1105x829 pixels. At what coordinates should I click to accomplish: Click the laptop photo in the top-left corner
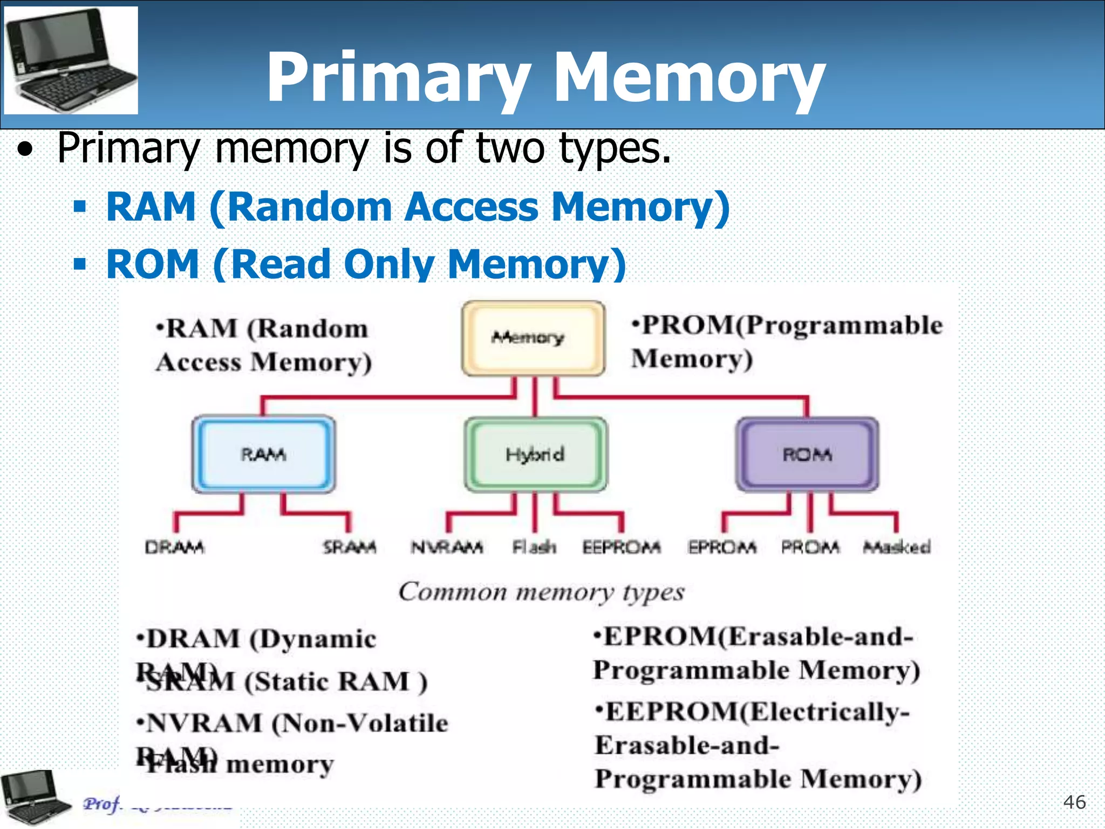[71, 60]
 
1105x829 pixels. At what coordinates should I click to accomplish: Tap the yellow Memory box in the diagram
[533, 338]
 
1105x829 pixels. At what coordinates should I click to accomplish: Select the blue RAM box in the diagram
[263, 454]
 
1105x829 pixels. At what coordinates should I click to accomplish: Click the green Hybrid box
[535, 454]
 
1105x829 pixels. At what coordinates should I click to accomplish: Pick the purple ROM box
[807, 454]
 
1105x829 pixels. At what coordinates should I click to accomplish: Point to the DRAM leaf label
[174, 547]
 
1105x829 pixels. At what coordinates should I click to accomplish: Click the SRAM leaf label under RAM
[350, 547]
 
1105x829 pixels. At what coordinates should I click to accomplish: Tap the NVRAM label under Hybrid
[447, 547]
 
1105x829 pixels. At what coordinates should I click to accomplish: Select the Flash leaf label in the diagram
[534, 547]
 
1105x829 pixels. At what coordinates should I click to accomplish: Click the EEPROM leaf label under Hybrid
[621, 547]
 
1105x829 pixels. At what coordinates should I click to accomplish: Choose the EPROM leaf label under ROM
[722, 547]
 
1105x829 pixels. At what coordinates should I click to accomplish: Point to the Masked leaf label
[897, 547]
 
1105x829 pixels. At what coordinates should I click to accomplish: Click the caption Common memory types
[541, 592]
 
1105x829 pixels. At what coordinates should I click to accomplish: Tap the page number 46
[1074, 802]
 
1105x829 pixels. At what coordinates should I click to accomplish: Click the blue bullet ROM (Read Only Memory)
[366, 264]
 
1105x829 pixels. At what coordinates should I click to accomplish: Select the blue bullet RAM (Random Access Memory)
[418, 207]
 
